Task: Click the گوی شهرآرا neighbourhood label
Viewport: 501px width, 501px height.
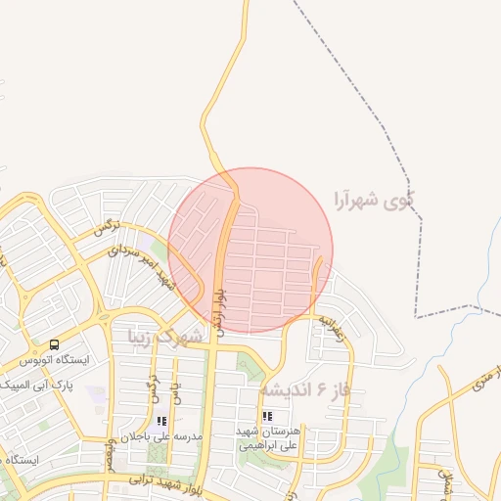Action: [372, 201]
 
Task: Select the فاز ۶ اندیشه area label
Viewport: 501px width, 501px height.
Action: [304, 389]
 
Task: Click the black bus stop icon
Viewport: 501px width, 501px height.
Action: [54, 344]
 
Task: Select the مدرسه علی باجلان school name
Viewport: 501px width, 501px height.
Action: [161, 435]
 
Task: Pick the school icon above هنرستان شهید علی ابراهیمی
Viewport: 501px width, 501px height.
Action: [241, 417]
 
